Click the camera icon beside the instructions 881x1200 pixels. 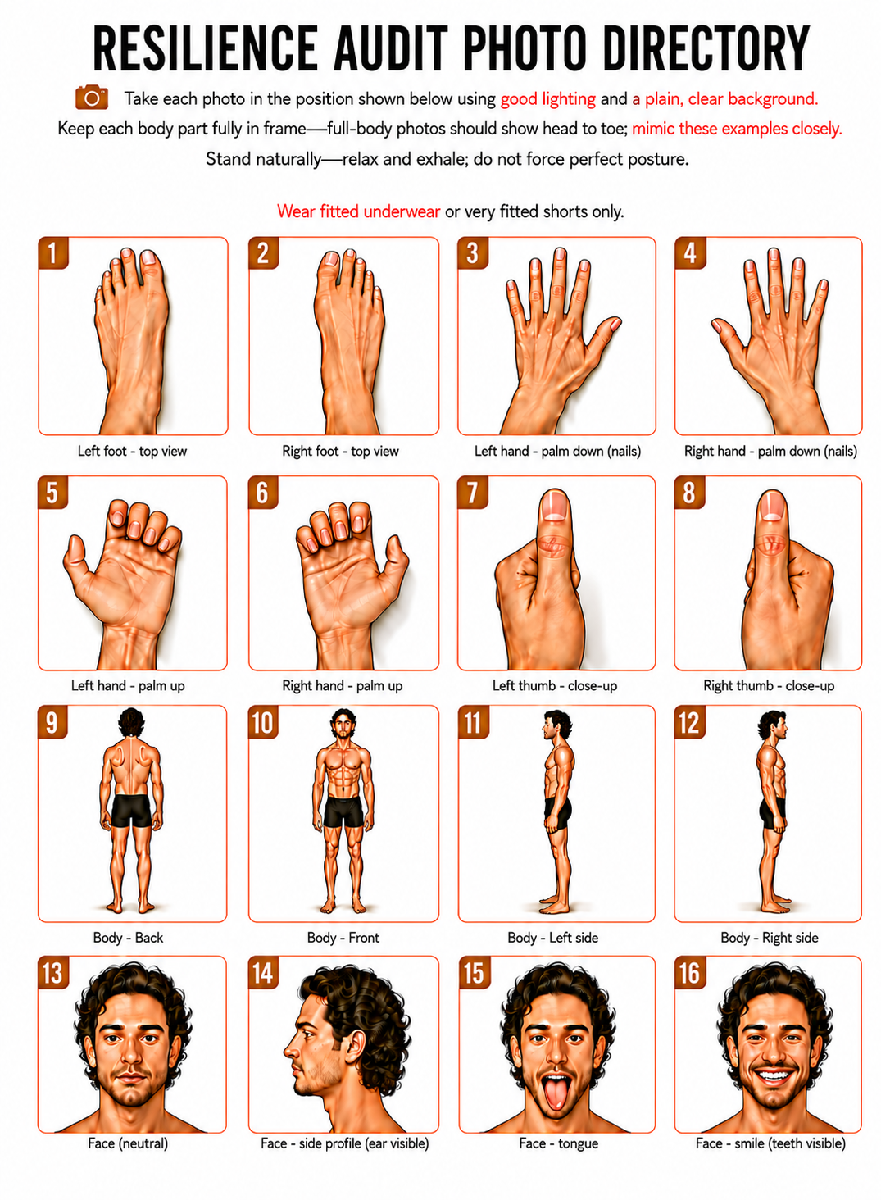coord(92,97)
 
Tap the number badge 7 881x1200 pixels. coord(473,492)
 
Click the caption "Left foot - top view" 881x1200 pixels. coord(132,451)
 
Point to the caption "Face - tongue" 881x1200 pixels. coord(559,1143)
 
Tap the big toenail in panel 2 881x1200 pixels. coord(332,259)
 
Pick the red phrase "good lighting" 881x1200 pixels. coord(548,99)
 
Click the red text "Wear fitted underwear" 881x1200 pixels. coord(358,211)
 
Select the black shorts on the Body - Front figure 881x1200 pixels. coord(343,811)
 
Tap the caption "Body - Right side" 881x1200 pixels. coord(769,938)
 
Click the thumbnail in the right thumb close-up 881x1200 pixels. coord(772,506)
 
